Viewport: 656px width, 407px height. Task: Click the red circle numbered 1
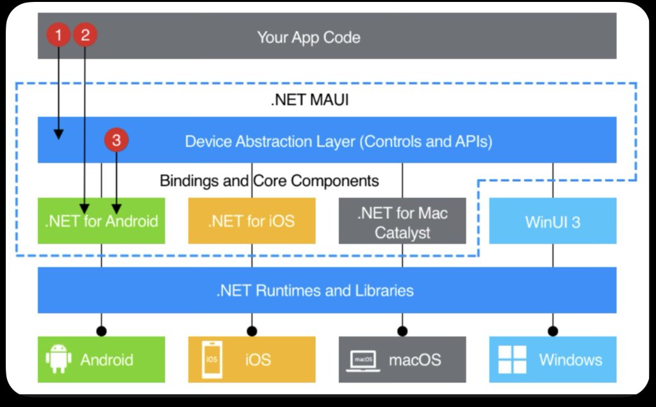tap(59, 35)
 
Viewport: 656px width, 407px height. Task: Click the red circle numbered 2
tap(85, 35)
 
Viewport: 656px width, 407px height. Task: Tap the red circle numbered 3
tap(117, 141)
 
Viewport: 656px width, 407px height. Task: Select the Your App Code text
tap(308, 37)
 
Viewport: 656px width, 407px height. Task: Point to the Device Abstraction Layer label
tap(338, 141)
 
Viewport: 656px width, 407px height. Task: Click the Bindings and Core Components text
tap(269, 181)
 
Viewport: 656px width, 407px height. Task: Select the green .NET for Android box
tap(101, 221)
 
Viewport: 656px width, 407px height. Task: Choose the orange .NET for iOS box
tap(251, 221)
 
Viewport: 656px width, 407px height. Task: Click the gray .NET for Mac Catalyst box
tap(402, 221)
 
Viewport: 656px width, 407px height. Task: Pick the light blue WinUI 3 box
tap(552, 221)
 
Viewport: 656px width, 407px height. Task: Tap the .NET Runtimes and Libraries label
tap(315, 291)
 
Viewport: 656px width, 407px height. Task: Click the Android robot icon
tap(58, 359)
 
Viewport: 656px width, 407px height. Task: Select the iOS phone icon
tap(211, 359)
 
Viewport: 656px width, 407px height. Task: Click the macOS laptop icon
tap(363, 359)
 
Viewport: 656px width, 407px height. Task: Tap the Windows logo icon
tap(512, 359)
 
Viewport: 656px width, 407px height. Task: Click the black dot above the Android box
tap(101, 331)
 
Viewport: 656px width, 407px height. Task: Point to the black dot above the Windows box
tap(552, 331)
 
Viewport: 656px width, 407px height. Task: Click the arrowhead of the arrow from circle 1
tap(59, 134)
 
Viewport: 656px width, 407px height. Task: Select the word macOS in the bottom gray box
tap(414, 360)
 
